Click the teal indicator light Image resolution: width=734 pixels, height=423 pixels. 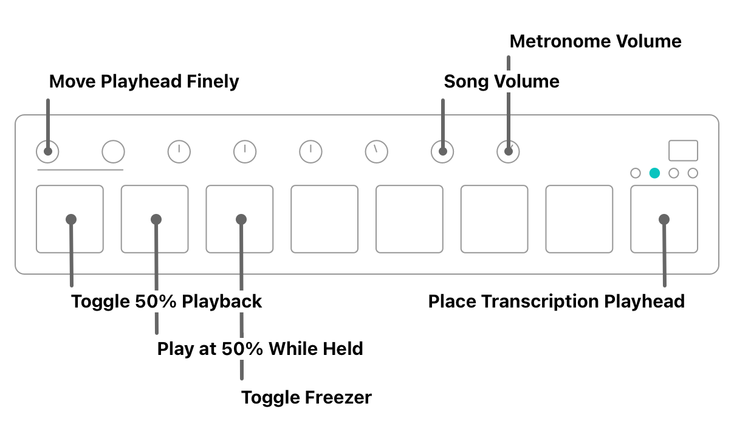[654, 173]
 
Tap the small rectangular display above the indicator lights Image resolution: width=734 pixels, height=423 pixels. [683, 151]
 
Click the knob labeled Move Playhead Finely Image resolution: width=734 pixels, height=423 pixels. [47, 152]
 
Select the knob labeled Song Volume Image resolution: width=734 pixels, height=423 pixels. [442, 152]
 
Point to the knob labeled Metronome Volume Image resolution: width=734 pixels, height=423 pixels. [508, 152]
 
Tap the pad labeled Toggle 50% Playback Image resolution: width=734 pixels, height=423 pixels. [69, 219]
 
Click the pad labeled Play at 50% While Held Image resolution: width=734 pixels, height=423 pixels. [154, 219]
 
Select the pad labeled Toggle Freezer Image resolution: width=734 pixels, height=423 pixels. [239, 219]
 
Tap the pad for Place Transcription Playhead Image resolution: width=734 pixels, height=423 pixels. [664, 219]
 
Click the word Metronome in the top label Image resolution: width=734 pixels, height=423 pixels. [560, 42]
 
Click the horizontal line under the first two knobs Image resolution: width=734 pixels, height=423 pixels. [80, 170]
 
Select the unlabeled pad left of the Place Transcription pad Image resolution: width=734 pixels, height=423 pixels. [578, 219]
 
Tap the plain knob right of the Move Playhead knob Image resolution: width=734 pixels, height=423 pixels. [113, 152]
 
